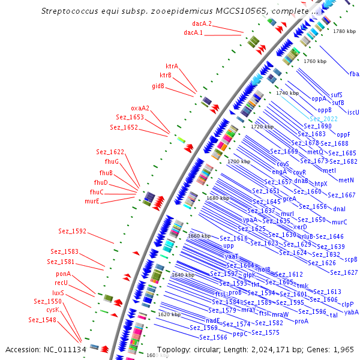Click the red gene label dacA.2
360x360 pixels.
click(193, 24)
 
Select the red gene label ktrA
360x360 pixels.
click(172, 66)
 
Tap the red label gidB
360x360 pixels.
click(158, 86)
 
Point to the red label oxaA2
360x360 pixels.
click(140, 108)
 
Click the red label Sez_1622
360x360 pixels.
click(110, 152)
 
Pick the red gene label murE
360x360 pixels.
click(92, 201)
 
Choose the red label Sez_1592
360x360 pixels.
click(72, 231)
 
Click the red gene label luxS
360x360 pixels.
click(58, 292)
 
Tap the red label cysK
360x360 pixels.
click(52, 310)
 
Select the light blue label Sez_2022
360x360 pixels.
click(323, 119)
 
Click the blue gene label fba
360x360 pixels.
click(354, 74)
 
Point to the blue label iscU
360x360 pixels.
click(353, 112)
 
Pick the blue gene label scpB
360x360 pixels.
click(351, 259)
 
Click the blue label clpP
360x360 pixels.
click(347, 304)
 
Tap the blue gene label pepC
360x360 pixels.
click(240, 334)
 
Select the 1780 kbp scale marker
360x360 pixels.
click(344, 31)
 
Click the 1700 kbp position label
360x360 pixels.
click(238, 162)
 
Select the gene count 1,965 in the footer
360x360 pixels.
click(344, 349)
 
